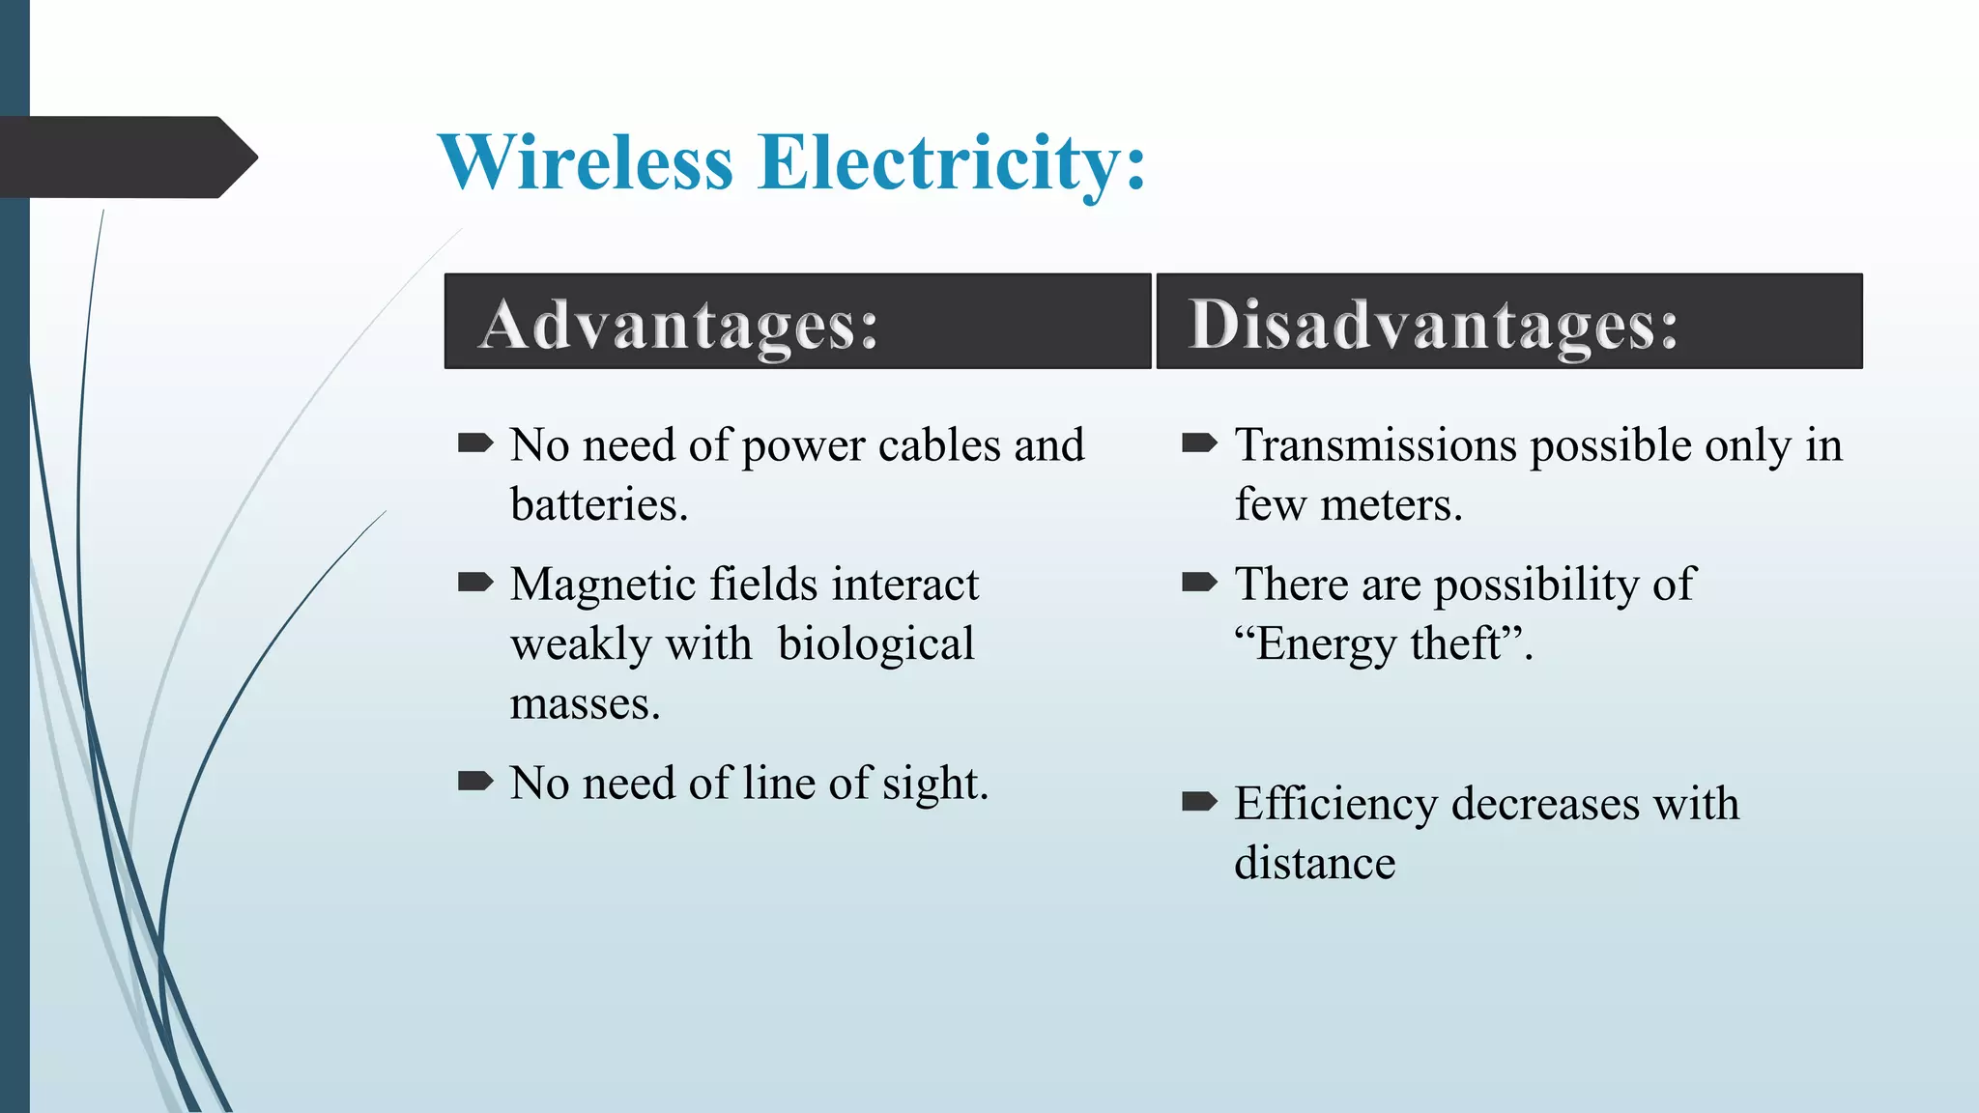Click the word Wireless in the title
[x=586, y=162]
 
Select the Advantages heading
[x=678, y=325]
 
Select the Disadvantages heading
[x=1432, y=325]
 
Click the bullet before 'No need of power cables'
[x=474, y=443]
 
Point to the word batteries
[x=598, y=505]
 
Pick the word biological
[x=875, y=644]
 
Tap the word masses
[x=584, y=704]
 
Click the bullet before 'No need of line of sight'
[x=474, y=781]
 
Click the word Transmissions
[x=1375, y=445]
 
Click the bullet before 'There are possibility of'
[x=1199, y=582]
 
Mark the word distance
[x=1314, y=864]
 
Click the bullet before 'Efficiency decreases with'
[x=1199, y=801]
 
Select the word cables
[x=938, y=445]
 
